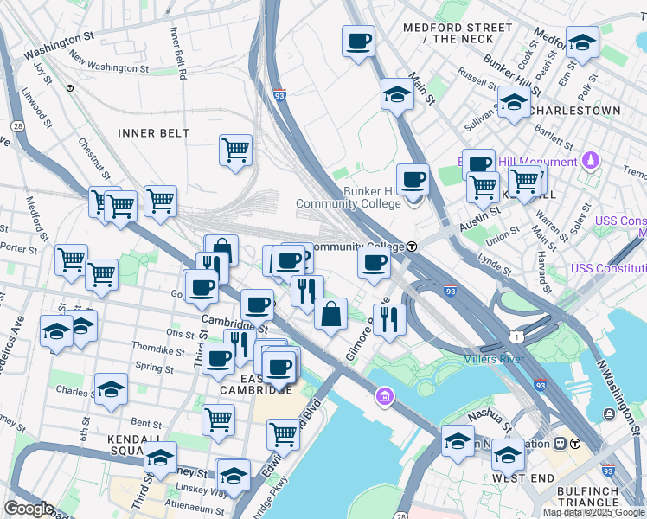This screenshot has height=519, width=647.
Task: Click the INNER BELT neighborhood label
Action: (153, 132)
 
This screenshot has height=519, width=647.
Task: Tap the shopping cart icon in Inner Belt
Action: (235, 151)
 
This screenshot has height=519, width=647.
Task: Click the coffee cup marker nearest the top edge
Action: (358, 41)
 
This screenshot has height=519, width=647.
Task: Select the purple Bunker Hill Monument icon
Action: (590, 161)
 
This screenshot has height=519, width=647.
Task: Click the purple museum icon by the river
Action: (384, 397)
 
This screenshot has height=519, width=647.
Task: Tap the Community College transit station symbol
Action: (413, 247)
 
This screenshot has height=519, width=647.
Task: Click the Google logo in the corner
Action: (29, 509)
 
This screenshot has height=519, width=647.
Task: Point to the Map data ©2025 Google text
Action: (593, 512)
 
